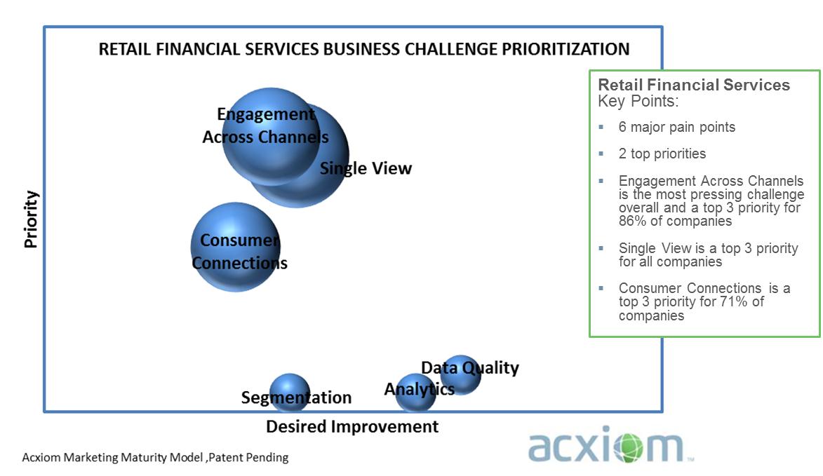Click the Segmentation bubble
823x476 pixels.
289,392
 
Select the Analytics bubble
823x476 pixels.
415,393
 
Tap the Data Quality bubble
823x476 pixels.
460,375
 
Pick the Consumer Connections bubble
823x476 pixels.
236,247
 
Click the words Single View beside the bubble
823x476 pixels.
366,168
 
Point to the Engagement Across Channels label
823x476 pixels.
266,125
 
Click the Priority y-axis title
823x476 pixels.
31,219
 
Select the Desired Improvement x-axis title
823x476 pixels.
352,427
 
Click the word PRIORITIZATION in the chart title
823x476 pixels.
566,49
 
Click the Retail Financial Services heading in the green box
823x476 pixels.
694,85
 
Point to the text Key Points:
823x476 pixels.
638,101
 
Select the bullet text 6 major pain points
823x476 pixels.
676,128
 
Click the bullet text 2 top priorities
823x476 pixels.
662,154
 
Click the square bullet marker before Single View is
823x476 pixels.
601,248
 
